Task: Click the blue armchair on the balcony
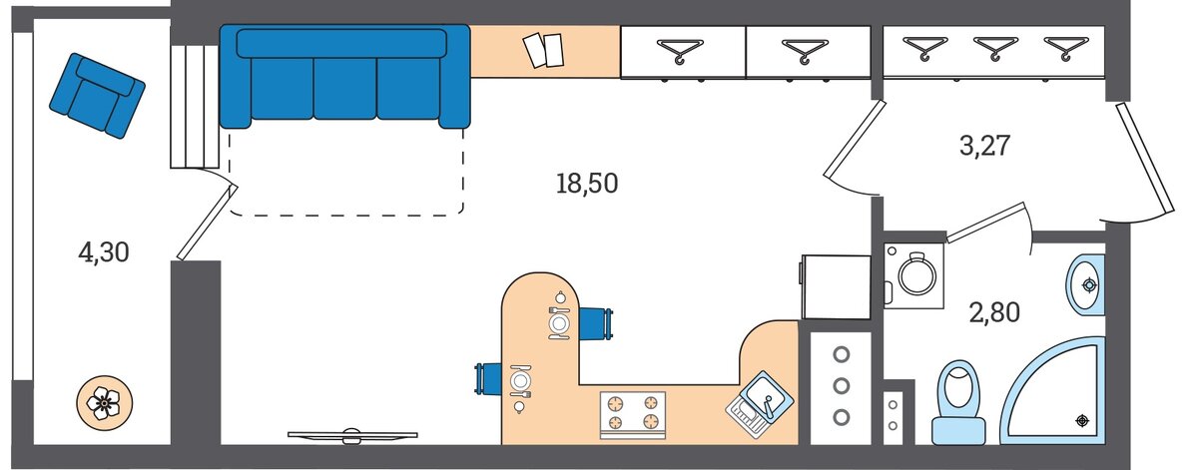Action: [98, 96]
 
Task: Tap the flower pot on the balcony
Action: [104, 402]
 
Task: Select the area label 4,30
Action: [104, 252]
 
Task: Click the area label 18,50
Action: [587, 184]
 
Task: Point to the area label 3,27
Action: [984, 146]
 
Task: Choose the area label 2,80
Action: [994, 312]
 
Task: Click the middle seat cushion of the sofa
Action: [345, 88]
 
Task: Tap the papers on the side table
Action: [544, 50]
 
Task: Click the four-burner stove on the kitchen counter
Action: [633, 415]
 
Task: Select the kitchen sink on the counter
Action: [760, 405]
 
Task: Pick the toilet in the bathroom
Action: [959, 403]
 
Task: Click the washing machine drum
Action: [916, 275]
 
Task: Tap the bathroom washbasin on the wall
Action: [1085, 285]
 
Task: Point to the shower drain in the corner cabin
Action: [1082, 421]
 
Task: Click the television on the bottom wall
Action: [351, 436]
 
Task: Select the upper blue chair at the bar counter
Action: [596, 323]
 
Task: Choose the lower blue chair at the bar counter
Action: [488, 378]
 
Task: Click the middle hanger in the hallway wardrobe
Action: [995, 48]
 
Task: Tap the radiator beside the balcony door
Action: [195, 107]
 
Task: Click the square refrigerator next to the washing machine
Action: [836, 286]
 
